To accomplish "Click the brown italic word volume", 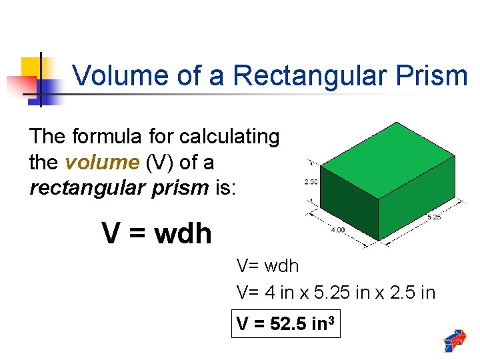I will point(99,162).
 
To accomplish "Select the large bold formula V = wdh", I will point(157,233).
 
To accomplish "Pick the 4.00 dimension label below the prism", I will point(338,230).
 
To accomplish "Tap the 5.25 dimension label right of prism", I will point(433,217).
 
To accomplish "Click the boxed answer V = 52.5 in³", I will point(285,325).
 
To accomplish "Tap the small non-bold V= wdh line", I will point(268,266).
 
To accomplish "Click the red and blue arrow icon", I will point(455,341).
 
